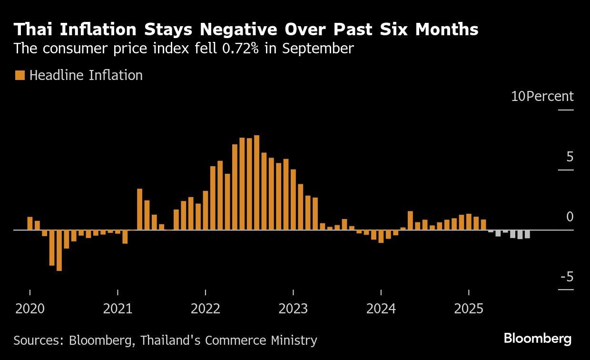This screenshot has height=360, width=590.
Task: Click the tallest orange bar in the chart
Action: click(256, 182)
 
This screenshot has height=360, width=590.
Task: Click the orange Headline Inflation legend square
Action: click(20, 75)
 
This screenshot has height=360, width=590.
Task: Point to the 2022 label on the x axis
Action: click(206, 309)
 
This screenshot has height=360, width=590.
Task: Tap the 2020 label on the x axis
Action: click(30, 309)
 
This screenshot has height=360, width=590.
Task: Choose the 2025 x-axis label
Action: click(469, 309)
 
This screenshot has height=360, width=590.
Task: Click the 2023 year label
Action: click(293, 309)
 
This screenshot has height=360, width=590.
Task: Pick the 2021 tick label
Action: click(118, 309)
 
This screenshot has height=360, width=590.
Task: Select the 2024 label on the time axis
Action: click(381, 309)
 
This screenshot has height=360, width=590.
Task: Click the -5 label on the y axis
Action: click(566, 277)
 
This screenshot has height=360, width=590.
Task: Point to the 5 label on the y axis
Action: click(570, 157)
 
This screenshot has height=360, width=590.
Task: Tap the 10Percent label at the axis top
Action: click(542, 96)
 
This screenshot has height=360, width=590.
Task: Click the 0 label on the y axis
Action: click(570, 217)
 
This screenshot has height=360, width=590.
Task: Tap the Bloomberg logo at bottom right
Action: click(538, 339)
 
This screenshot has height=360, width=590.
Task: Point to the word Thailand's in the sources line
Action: click(171, 340)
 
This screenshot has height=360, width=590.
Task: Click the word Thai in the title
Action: click(32, 30)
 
